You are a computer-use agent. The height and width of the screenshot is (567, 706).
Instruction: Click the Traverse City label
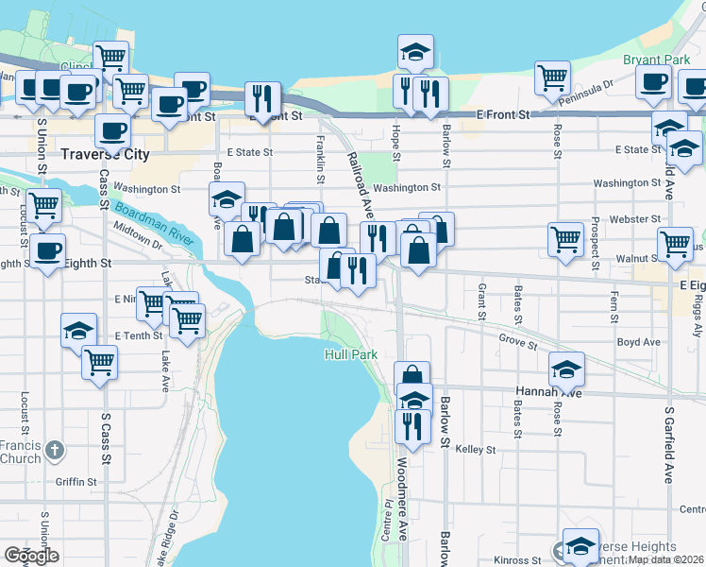tap(104, 153)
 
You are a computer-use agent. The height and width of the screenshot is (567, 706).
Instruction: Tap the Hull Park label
tap(350, 354)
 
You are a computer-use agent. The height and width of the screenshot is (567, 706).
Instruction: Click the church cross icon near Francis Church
tap(56, 450)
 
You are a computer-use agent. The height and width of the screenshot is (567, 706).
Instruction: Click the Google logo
tap(31, 555)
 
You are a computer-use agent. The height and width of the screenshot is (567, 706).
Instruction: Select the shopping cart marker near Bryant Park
tap(552, 77)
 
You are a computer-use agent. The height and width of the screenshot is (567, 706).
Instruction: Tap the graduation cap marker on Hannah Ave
tap(565, 367)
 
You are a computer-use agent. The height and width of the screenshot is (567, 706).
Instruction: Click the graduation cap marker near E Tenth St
tap(78, 330)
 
